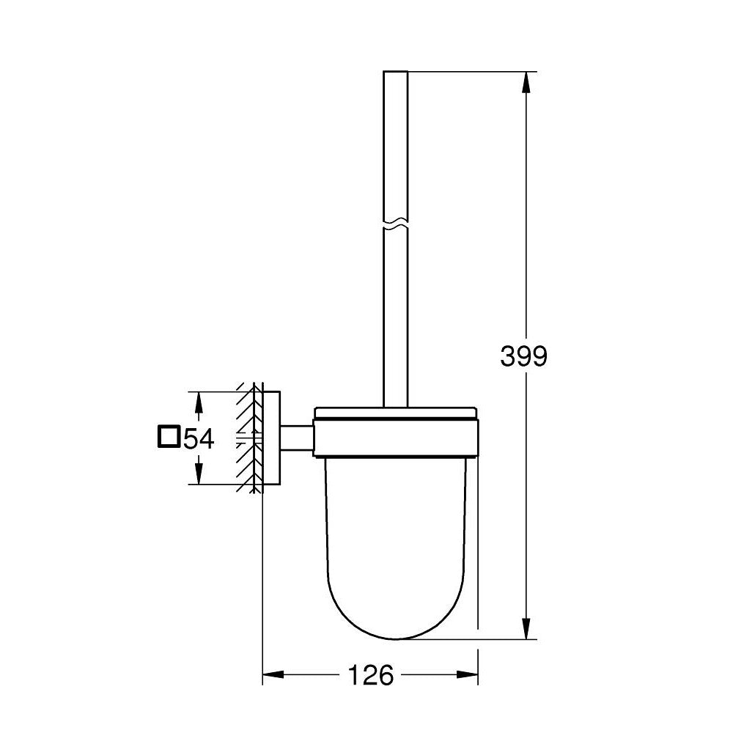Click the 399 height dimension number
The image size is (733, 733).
(x=523, y=356)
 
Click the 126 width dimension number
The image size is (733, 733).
(x=370, y=674)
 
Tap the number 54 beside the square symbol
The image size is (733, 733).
(x=198, y=439)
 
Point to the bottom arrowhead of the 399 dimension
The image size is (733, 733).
(x=526, y=628)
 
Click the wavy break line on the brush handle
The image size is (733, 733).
(x=395, y=221)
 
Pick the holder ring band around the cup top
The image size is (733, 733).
(x=396, y=438)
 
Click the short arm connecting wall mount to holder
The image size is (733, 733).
(x=297, y=438)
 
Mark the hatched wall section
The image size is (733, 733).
(x=248, y=438)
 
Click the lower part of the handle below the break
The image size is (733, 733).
(x=395, y=315)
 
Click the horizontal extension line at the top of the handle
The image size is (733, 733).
(x=469, y=71)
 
